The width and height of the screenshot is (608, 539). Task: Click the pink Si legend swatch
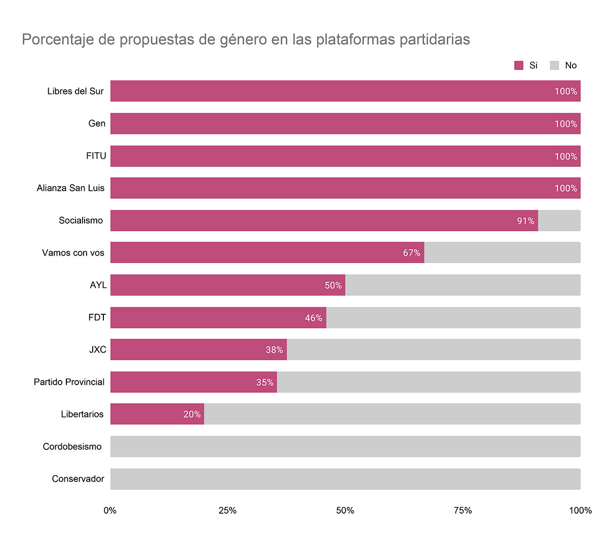click(519, 65)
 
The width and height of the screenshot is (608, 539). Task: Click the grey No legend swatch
click(555, 65)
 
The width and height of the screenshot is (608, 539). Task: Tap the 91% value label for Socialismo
click(525, 221)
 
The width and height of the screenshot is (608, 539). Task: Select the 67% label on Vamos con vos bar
click(411, 253)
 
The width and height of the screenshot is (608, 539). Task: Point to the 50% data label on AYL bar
click(333, 285)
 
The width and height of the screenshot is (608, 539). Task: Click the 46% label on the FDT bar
click(313, 318)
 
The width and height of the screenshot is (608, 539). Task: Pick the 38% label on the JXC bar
click(274, 350)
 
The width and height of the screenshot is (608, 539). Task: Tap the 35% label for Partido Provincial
click(264, 382)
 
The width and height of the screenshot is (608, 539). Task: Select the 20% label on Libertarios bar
click(192, 414)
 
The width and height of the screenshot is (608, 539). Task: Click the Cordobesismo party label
click(72, 446)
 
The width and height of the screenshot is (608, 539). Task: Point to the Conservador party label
click(78, 479)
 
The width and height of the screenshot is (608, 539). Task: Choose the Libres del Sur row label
click(75, 91)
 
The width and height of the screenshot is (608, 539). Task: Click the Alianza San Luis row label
click(70, 188)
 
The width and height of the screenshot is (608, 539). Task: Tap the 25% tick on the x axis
click(227, 510)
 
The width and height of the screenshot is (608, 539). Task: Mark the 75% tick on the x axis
click(463, 510)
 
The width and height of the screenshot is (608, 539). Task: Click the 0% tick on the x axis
click(110, 510)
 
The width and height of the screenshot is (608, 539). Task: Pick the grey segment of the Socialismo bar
click(559, 221)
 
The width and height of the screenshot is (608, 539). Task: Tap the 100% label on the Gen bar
click(565, 124)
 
